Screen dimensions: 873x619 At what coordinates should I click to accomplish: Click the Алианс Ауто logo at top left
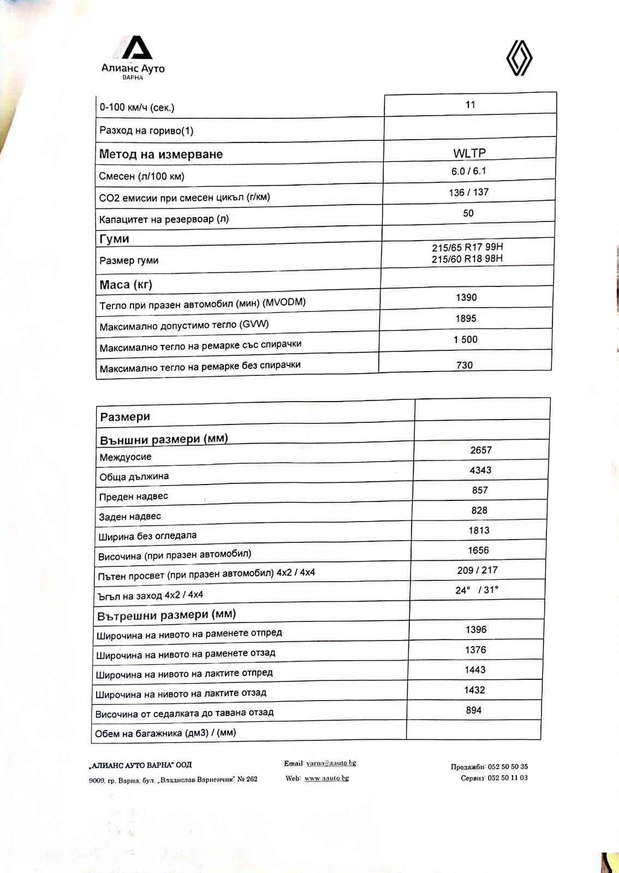point(133,57)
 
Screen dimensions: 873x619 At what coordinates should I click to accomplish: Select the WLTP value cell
point(469,153)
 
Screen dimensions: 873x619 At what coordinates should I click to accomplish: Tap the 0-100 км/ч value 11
point(471,105)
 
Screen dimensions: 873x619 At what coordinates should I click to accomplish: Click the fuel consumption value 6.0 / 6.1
point(468,171)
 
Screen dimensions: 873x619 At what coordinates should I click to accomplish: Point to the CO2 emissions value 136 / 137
point(468,192)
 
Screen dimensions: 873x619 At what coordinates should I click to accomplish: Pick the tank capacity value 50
point(468,213)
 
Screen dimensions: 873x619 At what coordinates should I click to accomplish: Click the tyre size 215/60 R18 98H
point(467,259)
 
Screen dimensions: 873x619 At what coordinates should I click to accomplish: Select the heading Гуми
point(114,239)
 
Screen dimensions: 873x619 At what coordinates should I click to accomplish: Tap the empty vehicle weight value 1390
point(466,297)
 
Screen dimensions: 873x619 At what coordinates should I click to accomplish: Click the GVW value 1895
point(466,319)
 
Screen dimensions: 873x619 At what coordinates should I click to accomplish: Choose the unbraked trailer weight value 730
point(465,365)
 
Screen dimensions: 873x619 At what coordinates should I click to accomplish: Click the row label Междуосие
point(126,457)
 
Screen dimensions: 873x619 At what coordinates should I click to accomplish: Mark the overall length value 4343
point(480,470)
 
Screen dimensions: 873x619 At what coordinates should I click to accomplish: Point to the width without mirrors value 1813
point(479,530)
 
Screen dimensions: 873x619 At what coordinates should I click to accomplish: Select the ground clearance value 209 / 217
point(477,570)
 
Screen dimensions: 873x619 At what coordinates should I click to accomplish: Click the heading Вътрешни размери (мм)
point(166,615)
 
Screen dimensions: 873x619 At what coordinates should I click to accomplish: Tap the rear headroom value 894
point(474,710)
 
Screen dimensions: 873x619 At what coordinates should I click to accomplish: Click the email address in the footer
point(331,763)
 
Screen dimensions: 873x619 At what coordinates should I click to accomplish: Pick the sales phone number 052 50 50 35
point(508,767)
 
